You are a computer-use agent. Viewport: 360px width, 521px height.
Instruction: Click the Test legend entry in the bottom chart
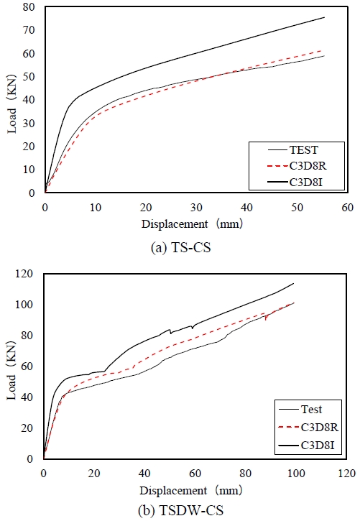coord(308,410)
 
